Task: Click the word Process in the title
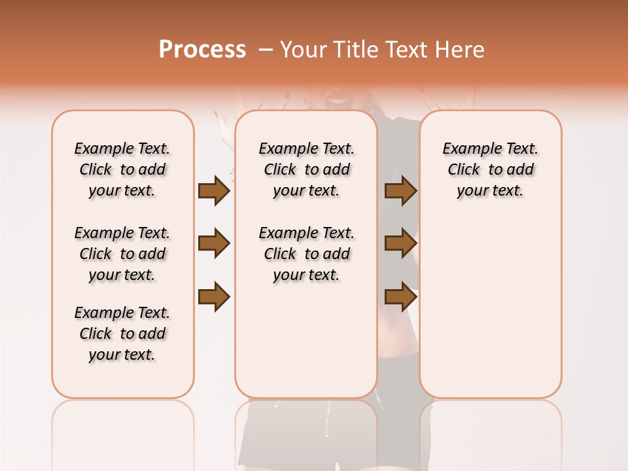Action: click(202, 50)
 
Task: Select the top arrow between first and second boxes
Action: click(214, 190)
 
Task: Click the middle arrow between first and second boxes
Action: click(214, 243)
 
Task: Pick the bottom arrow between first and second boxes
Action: click(214, 297)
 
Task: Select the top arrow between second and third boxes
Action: click(401, 190)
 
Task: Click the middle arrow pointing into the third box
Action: click(401, 243)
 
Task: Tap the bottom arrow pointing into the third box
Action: click(401, 297)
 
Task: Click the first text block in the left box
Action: click(122, 169)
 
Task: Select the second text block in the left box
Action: click(122, 254)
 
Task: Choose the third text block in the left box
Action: click(122, 334)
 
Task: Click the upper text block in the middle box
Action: click(306, 169)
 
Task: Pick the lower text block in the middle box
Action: click(306, 254)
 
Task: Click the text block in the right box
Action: click(491, 169)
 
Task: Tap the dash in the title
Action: click(265, 50)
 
